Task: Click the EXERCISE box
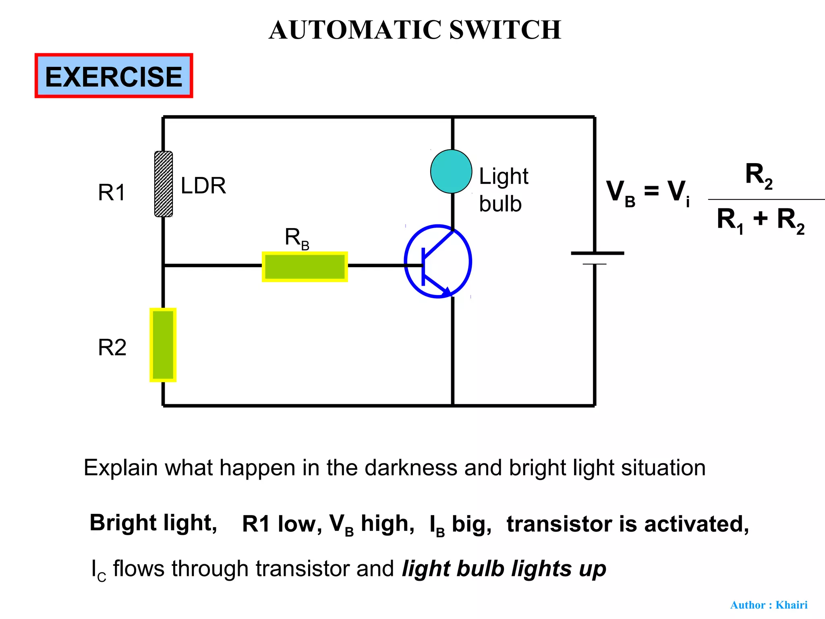tap(114, 76)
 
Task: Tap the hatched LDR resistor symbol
tap(164, 184)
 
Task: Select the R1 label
tap(112, 193)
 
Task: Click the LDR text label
tap(203, 186)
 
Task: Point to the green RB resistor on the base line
tap(305, 266)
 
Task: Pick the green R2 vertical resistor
tap(163, 345)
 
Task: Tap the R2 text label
tap(112, 347)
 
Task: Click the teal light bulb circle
tap(451, 171)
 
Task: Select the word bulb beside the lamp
tap(500, 204)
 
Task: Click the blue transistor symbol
tap(438, 261)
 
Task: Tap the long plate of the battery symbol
tap(597, 253)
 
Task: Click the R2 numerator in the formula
tap(759, 175)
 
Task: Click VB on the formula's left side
tap(620, 193)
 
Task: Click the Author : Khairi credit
tap(769, 605)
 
